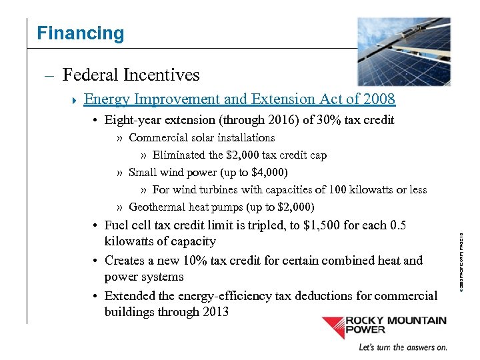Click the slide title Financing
(80, 33)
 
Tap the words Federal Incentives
(131, 75)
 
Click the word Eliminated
(179, 155)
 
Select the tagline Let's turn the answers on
(403, 347)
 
